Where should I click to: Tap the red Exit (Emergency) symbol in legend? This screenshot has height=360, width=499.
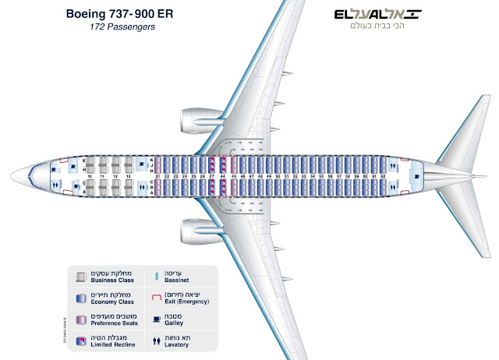158,298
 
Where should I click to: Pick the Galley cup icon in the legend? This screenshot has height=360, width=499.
158,319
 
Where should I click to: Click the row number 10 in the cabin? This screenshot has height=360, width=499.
90,177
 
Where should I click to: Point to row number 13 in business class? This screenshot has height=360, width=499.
129,177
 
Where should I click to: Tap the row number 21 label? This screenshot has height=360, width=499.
157,177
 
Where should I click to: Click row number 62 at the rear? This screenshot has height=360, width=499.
384,177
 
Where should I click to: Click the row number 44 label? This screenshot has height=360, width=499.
223,177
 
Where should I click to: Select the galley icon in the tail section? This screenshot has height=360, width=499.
416,176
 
